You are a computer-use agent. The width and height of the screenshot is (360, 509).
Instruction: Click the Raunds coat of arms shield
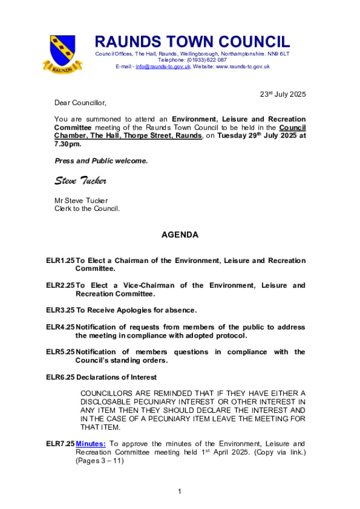pos(62,50)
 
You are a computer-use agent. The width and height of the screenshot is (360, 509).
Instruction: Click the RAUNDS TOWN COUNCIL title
pos(192,42)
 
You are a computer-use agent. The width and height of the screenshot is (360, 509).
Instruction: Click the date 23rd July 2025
pos(282,94)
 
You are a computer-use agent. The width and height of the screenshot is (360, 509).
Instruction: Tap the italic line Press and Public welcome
pos(101,161)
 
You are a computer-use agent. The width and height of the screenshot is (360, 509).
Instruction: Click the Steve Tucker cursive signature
pos(80,180)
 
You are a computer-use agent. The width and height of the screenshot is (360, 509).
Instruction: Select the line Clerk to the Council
pos(87,208)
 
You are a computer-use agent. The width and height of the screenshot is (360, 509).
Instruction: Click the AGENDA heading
pos(180,235)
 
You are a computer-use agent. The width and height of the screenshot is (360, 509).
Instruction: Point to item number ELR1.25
pos(61,261)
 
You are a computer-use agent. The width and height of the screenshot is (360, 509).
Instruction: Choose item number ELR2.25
pos(61,286)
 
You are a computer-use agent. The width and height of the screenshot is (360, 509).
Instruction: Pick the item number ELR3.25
pos(61,310)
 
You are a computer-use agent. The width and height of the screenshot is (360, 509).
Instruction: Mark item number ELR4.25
pos(61,327)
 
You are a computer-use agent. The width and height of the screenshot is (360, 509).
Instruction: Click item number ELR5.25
pos(61,352)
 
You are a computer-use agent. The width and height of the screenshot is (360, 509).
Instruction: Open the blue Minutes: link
pos(91,444)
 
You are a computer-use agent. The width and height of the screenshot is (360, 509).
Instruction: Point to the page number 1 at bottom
pos(179,491)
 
